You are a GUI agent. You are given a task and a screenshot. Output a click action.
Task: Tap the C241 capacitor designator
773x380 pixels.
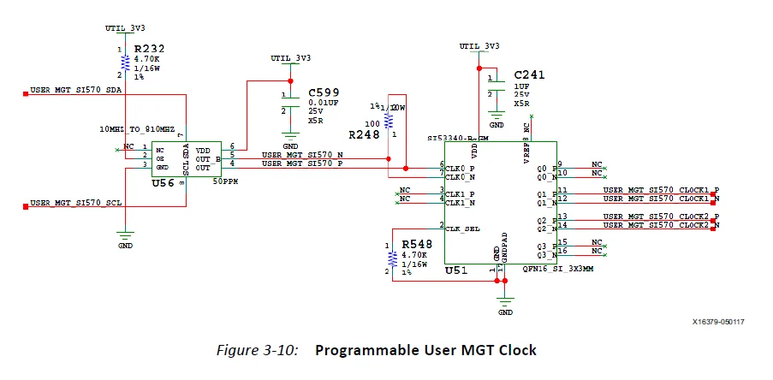pyautogui.click(x=529, y=74)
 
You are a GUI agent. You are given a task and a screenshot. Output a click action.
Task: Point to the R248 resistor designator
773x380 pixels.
pyautogui.click(x=364, y=135)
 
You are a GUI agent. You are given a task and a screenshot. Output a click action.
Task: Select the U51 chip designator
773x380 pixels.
pyautogui.click(x=457, y=270)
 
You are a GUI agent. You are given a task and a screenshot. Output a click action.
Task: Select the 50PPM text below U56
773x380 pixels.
pyautogui.click(x=225, y=182)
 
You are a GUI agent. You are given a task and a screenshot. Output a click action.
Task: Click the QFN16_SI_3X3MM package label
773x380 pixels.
pyautogui.click(x=557, y=268)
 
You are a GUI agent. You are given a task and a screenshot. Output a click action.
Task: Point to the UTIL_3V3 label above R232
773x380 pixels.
pyautogui.click(x=126, y=29)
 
